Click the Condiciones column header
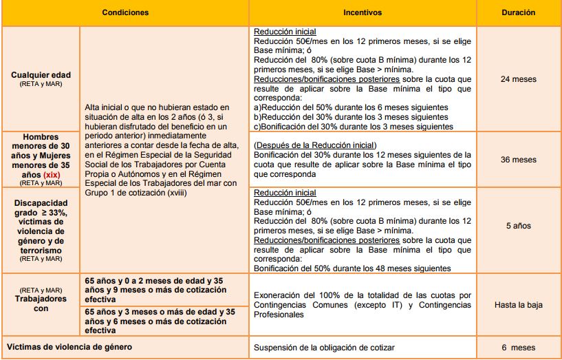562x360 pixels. [125, 12]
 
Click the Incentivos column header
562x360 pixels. [363, 12]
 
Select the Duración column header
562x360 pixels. [518, 12]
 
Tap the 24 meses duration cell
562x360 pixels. [518, 78]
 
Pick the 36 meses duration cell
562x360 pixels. [518, 160]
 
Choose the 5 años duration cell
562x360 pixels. [518, 226]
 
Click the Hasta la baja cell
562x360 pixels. [518, 304]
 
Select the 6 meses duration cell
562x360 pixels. [518, 348]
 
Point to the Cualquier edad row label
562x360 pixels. [41, 74]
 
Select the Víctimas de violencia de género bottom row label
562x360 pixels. [69, 347]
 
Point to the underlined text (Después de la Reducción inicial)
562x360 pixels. [315, 145]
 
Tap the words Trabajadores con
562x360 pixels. [41, 304]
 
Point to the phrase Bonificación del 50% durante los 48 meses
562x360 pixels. [352, 268]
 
